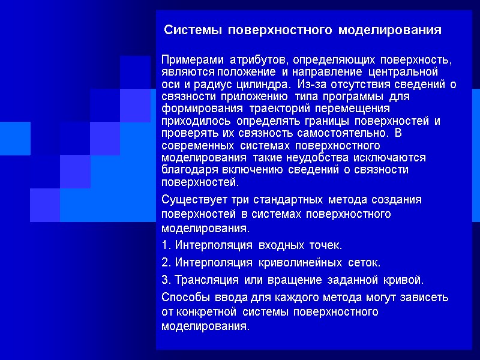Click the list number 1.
point(166,245)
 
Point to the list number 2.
point(166,263)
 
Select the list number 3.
point(166,280)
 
